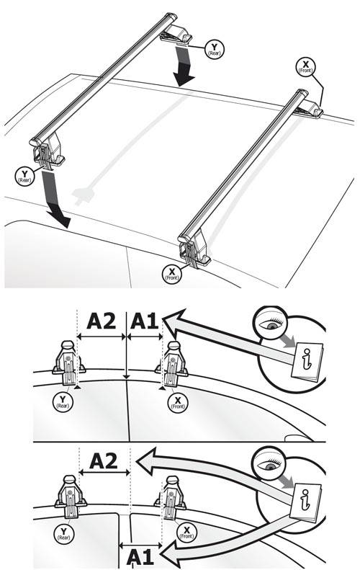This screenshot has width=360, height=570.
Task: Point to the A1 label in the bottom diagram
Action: point(140,557)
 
